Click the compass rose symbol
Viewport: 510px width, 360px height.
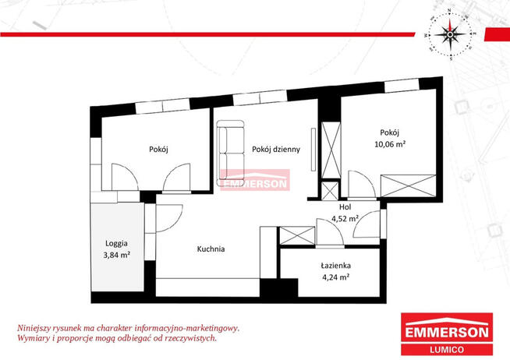click(450, 34)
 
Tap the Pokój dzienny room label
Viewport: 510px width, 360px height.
click(276, 150)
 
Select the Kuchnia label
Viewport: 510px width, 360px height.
click(211, 249)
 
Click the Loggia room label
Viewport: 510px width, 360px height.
click(116, 243)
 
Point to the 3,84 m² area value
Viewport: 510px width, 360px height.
click(117, 255)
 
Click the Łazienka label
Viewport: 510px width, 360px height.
click(335, 266)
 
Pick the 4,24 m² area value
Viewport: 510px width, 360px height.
click(335, 277)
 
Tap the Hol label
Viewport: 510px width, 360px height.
click(345, 207)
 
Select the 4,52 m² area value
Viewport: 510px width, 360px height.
click(345, 219)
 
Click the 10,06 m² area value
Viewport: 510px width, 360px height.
click(390, 144)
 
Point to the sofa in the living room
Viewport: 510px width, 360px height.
click(231, 153)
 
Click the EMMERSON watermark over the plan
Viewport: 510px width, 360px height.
click(255, 180)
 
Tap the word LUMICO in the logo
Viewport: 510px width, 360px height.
click(447, 350)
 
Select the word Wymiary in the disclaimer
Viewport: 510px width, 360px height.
click(30, 338)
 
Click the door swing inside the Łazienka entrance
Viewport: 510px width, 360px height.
click(330, 232)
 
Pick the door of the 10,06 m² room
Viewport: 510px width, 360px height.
click(361, 184)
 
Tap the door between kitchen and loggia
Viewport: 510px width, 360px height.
click(169, 218)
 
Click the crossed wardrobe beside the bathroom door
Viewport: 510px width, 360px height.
click(297, 235)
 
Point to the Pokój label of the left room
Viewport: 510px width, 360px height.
click(158, 150)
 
